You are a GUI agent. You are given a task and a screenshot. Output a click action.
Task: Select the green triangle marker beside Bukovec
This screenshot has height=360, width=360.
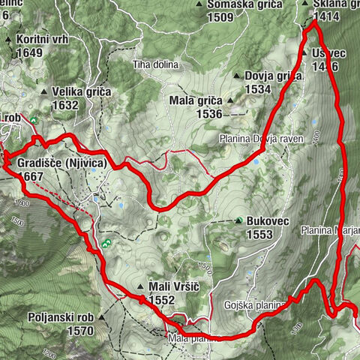[x=238, y=221]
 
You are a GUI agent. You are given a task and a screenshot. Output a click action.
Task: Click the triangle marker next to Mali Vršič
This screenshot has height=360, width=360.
[x=140, y=286]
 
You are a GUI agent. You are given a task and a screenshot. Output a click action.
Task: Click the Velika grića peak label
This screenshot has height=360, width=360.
[x=81, y=91]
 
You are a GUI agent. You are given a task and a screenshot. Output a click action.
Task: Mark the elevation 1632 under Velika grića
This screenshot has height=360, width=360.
[x=66, y=105]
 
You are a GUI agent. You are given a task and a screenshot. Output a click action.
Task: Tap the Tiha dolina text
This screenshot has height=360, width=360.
[x=156, y=64]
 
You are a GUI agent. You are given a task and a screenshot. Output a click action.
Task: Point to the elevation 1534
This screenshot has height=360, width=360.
[x=256, y=89]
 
